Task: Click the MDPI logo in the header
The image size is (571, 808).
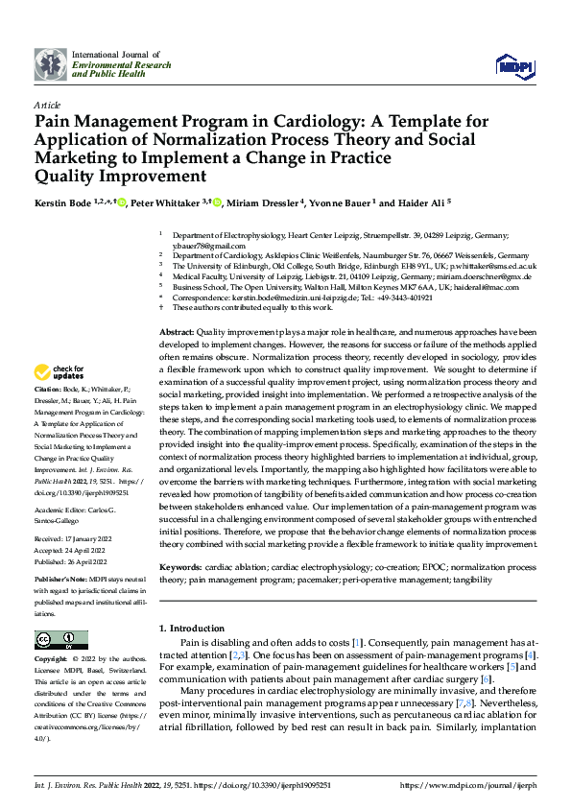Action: click(x=513, y=64)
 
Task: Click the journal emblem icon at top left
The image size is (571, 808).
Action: click(x=51, y=64)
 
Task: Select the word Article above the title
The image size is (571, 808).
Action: click(x=47, y=105)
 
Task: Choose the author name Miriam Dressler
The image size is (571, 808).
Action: click(x=265, y=202)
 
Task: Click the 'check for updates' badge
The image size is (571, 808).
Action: click(x=59, y=371)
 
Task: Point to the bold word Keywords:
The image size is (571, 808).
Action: click(x=179, y=568)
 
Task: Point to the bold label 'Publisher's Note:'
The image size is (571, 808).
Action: click(x=59, y=581)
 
